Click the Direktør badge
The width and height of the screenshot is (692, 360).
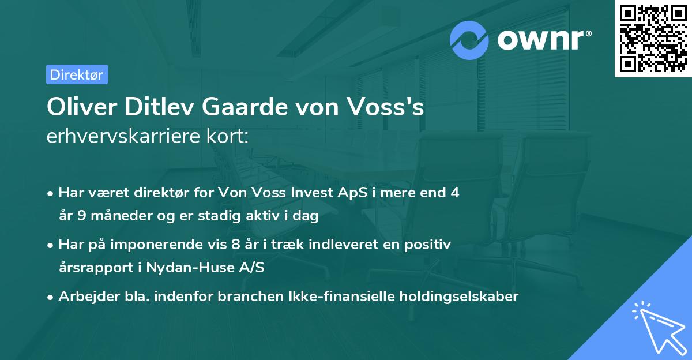click(x=77, y=74)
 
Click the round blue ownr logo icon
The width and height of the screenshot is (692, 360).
click(x=469, y=40)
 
